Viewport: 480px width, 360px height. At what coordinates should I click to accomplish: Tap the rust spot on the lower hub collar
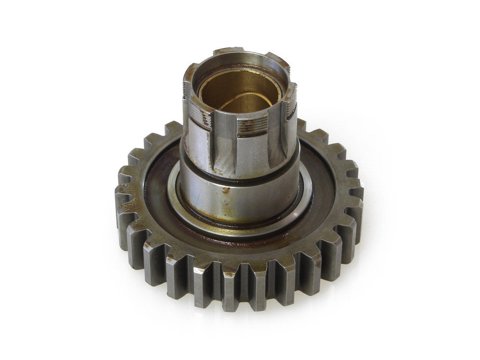click(224, 191)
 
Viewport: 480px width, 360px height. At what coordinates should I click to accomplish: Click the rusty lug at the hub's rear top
click(228, 52)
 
